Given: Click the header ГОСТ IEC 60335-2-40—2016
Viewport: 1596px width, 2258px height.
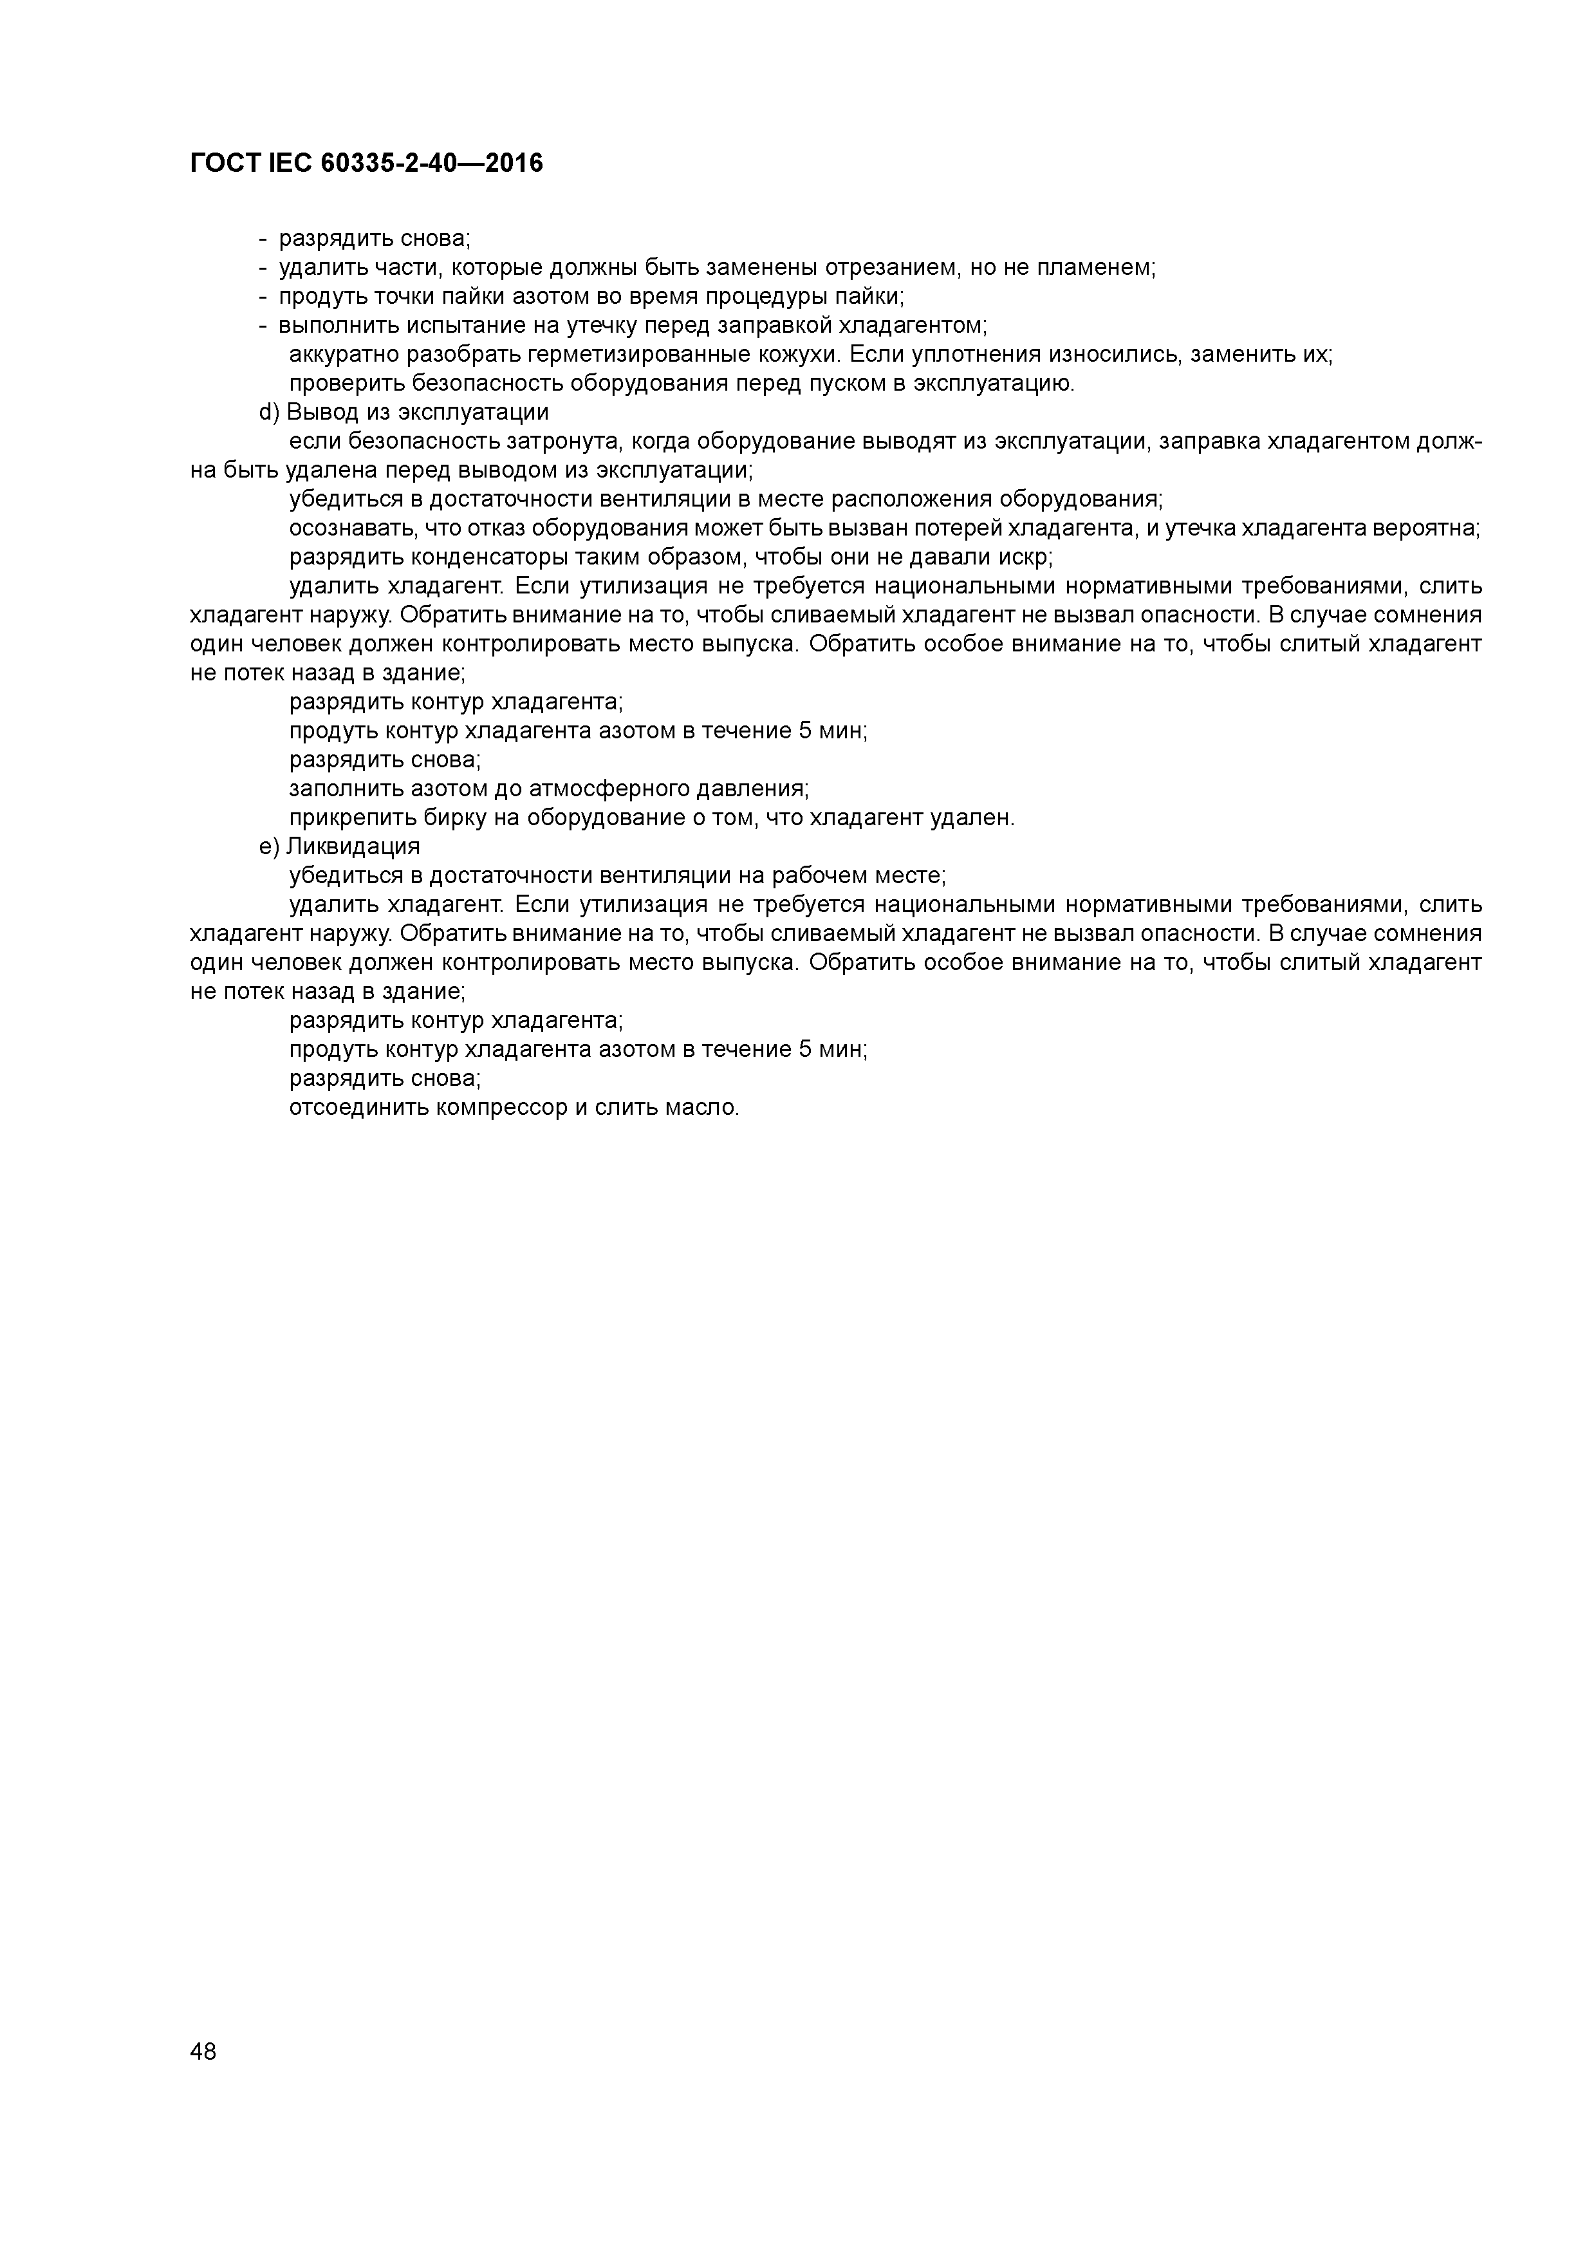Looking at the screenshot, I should [366, 163].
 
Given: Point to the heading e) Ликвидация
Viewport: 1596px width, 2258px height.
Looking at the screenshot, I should [339, 847].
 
